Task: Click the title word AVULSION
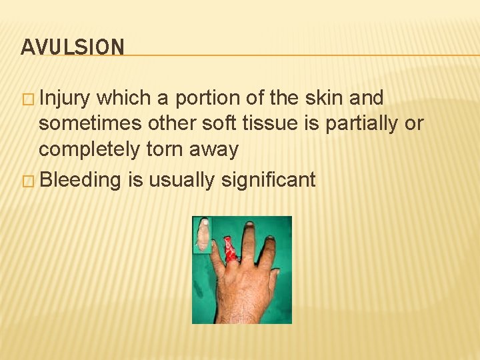point(72,47)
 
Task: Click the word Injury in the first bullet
point(65,99)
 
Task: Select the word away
point(216,149)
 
